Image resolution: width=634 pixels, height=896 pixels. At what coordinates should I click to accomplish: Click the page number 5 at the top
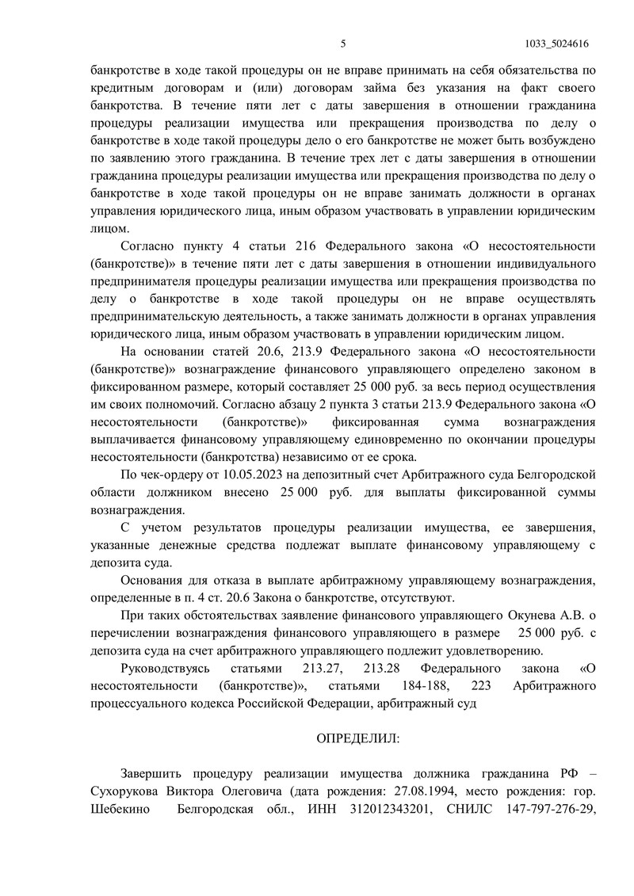point(343,44)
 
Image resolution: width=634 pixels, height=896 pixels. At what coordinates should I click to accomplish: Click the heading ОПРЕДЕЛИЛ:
point(358,738)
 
